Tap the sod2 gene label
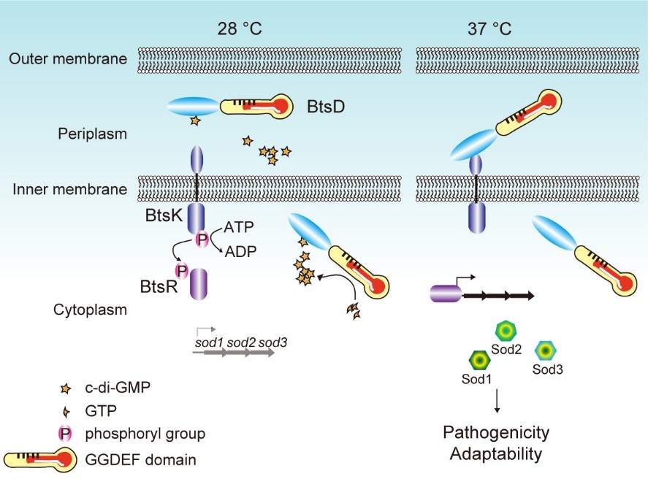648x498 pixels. coord(242,342)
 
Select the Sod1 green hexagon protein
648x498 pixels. coord(479,360)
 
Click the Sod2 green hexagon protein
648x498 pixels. coord(506,331)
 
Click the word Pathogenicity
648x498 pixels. coord(496,432)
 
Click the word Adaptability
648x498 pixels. coord(496,453)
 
